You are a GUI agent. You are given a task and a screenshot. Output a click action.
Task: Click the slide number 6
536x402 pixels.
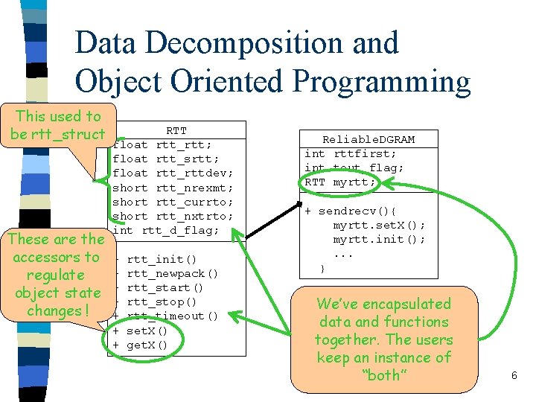click(514, 376)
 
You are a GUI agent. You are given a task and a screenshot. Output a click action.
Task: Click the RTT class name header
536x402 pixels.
click(176, 131)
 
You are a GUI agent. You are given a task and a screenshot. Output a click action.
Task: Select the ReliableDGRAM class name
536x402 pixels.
click(368, 139)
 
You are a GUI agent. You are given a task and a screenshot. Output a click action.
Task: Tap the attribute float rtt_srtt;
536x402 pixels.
click(165, 159)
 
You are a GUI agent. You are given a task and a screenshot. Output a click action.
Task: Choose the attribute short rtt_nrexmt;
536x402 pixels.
click(173, 188)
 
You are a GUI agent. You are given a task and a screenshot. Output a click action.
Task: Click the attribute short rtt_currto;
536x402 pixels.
click(173, 202)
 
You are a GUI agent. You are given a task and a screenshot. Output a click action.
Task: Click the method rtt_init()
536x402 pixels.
click(162, 259)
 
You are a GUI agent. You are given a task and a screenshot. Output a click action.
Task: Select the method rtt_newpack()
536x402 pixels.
click(172, 273)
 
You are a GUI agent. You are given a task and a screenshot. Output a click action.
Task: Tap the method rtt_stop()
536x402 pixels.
click(162, 301)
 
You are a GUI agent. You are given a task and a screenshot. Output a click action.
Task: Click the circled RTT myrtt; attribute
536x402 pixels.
click(340, 182)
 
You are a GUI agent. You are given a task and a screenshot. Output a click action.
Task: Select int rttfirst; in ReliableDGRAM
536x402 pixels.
click(350, 153)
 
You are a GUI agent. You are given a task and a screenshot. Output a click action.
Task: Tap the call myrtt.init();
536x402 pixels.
click(379, 239)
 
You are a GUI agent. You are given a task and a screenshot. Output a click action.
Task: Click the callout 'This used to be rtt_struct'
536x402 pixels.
click(57, 125)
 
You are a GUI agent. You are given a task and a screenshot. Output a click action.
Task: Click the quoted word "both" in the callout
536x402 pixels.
click(384, 375)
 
